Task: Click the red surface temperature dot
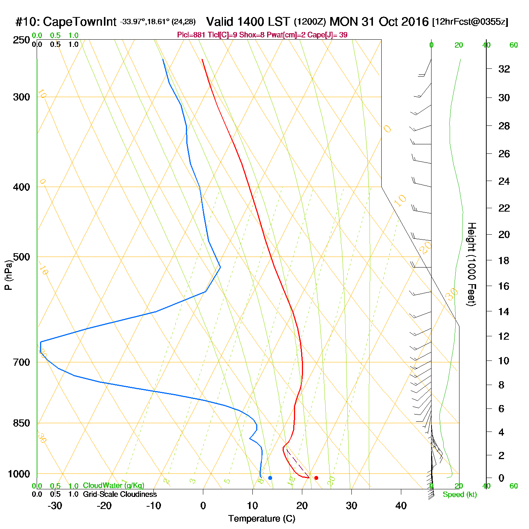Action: pos(316,478)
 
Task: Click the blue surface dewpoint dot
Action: pos(270,478)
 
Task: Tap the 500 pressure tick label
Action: pos(22,257)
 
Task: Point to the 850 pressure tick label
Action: pos(22,423)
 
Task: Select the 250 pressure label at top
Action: pos(22,40)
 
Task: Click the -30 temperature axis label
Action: pos(55,506)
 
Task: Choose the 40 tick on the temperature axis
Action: pos(401,506)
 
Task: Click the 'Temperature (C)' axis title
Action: pos(261,519)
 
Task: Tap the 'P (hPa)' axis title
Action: pos(8,275)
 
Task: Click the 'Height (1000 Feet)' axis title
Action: pos(471,264)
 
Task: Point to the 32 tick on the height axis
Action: pos(504,69)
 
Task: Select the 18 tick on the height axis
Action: pos(504,260)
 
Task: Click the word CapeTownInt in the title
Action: pos(80,22)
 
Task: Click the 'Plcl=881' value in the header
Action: pos(192,35)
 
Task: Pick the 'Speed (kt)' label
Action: pos(460,495)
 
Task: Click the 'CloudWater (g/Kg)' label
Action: pos(113,486)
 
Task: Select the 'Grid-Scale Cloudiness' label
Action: pos(120,494)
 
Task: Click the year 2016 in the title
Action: pos(415,22)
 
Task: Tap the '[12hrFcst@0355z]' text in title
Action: pos(470,22)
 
